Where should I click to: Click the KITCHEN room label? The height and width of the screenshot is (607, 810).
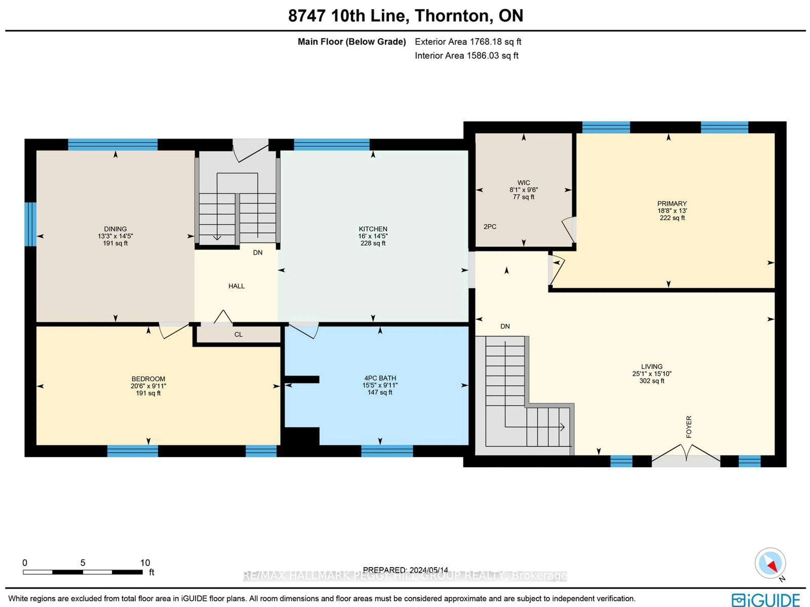pyautogui.click(x=373, y=229)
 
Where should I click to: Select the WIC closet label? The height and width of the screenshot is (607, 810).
pyautogui.click(x=523, y=183)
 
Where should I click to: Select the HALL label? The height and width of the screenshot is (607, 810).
pyautogui.click(x=236, y=286)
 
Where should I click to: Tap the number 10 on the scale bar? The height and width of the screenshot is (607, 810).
pyautogui.click(x=145, y=563)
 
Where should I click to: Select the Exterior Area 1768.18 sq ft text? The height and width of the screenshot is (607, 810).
pyautogui.click(x=468, y=42)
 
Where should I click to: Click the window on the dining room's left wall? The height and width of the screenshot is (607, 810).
pyautogui.click(x=30, y=224)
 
